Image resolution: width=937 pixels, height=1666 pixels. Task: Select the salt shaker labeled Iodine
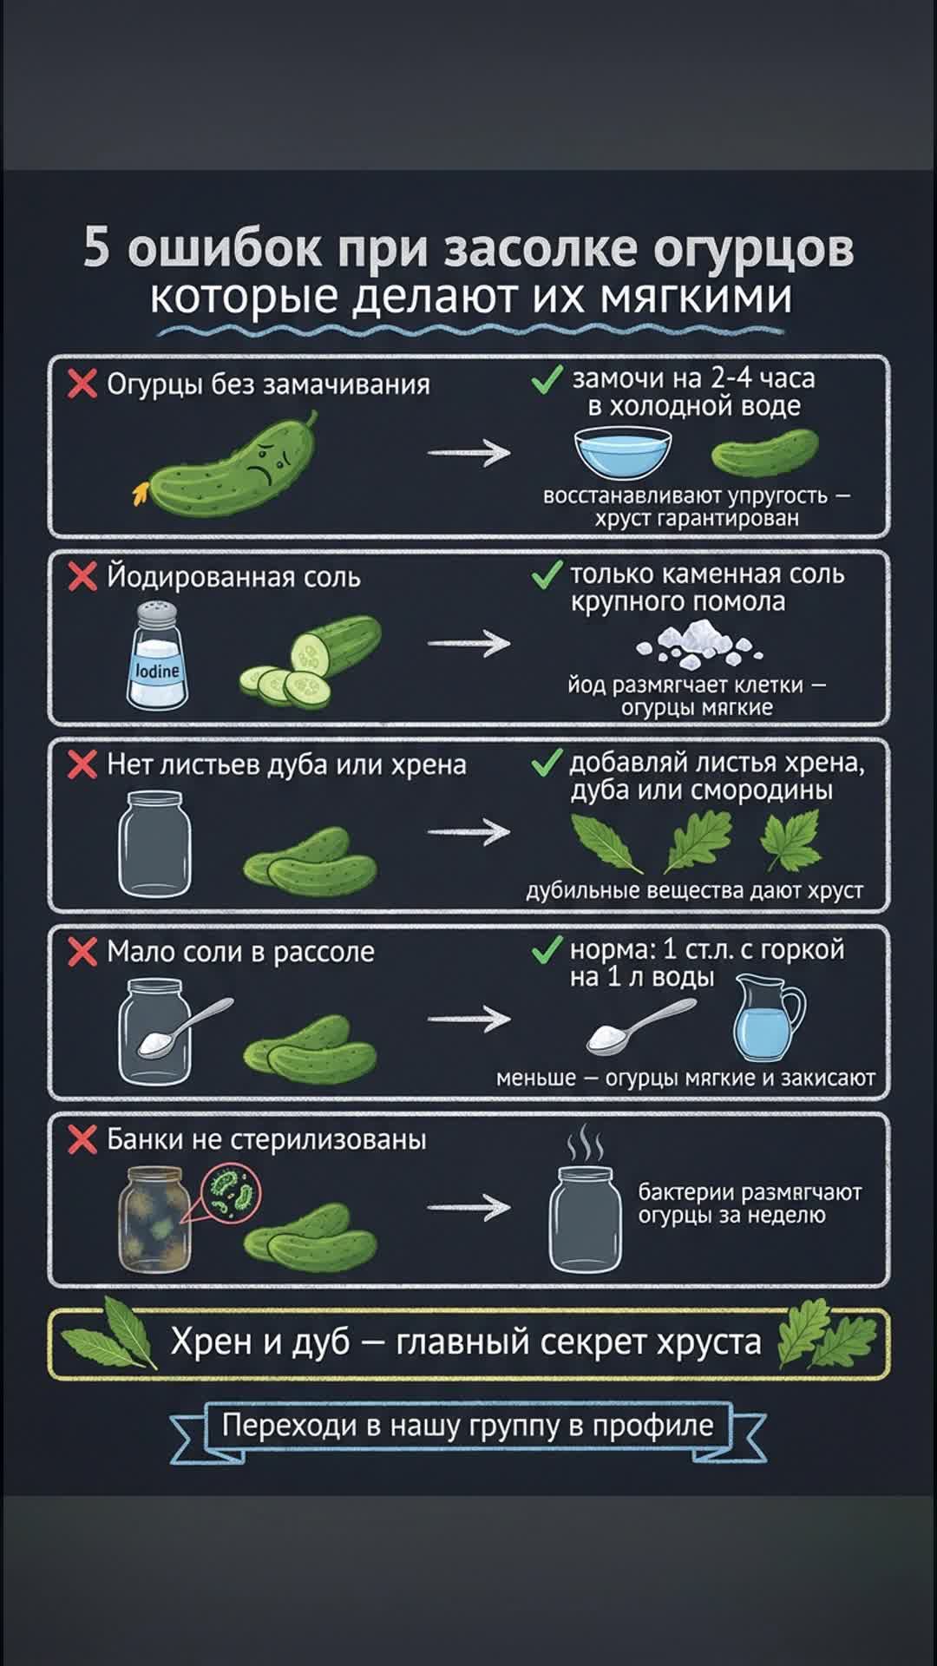157,655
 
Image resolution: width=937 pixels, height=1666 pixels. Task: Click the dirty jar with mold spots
154,1219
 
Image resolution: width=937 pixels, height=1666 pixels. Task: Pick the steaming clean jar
586,1209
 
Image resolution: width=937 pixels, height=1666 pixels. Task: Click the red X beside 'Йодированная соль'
82,577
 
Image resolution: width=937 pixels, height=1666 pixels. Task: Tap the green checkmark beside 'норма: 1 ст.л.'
547,950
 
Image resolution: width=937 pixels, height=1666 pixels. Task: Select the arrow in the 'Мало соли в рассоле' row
469,1019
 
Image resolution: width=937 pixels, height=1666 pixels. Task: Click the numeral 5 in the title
96,249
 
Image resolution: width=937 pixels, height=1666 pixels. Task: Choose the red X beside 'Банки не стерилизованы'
82,1139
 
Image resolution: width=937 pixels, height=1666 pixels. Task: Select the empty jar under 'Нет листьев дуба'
154,843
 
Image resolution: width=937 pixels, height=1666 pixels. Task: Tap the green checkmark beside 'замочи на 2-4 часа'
547,380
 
